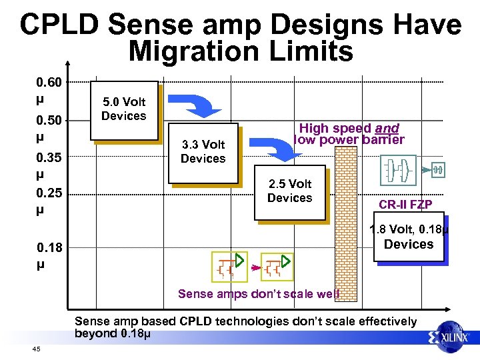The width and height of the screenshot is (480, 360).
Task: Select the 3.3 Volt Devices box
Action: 203,152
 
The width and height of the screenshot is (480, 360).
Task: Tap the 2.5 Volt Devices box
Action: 290,191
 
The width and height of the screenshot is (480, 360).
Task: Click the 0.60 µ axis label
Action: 49,91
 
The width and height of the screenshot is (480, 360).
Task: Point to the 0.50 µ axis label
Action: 49,128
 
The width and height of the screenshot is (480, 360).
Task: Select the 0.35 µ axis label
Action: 49,167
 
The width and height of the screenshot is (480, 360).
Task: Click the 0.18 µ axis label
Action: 49,256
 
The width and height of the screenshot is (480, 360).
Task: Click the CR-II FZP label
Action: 405,204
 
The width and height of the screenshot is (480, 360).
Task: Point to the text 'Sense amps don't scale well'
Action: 259,294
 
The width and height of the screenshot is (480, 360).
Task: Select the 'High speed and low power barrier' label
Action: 349,133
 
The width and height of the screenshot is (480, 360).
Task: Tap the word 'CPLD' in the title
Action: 60,25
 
